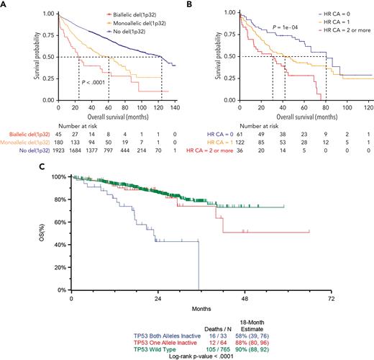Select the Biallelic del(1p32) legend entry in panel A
(130, 13)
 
